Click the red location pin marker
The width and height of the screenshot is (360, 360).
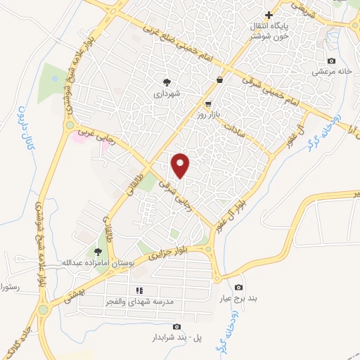tap(181, 165)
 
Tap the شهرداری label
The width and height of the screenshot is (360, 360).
tap(168, 93)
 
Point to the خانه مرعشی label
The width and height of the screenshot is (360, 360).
tap(331, 72)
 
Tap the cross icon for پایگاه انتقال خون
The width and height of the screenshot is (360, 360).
tap(268, 15)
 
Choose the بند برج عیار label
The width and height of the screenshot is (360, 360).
tap(239, 298)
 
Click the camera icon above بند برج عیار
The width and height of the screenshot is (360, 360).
tap(238, 287)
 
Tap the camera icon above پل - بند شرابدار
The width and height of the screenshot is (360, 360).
tap(176, 327)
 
